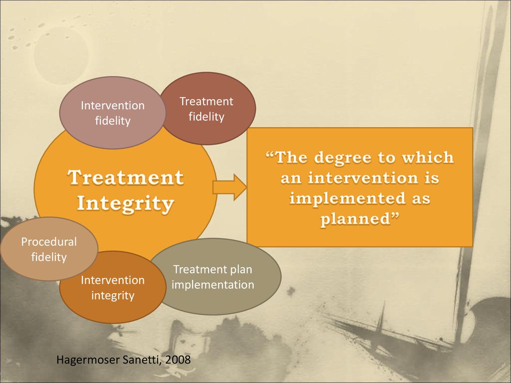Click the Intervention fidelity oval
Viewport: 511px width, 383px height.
(x=112, y=113)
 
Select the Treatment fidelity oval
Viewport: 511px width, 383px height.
(x=207, y=109)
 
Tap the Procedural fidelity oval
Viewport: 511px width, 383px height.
(x=48, y=249)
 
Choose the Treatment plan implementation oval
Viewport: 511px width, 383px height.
(x=214, y=277)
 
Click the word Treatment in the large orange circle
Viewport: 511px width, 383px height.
(x=126, y=178)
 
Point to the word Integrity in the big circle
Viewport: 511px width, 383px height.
(x=126, y=203)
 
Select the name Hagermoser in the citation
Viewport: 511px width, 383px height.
(x=84, y=360)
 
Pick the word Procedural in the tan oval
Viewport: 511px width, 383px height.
(x=48, y=242)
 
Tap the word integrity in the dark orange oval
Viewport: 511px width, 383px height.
(x=113, y=296)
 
